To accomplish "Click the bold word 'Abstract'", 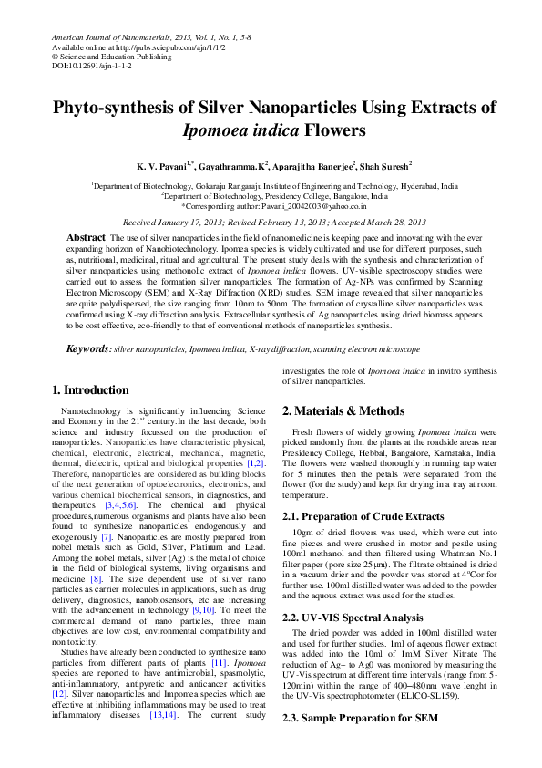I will point(86,237).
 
